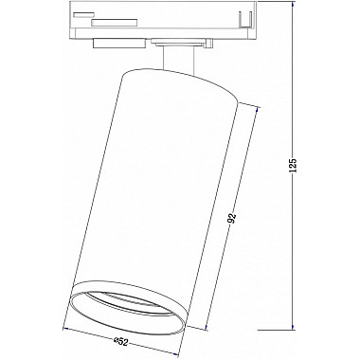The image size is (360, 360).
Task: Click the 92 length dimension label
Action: tap(231, 217)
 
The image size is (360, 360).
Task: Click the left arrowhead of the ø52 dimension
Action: tap(63, 328)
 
